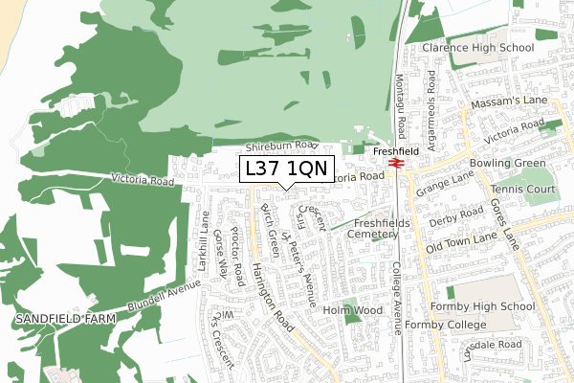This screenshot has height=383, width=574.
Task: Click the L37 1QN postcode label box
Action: (286, 169)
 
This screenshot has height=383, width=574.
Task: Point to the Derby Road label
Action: (452, 222)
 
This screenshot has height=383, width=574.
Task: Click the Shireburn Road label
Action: (279, 146)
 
